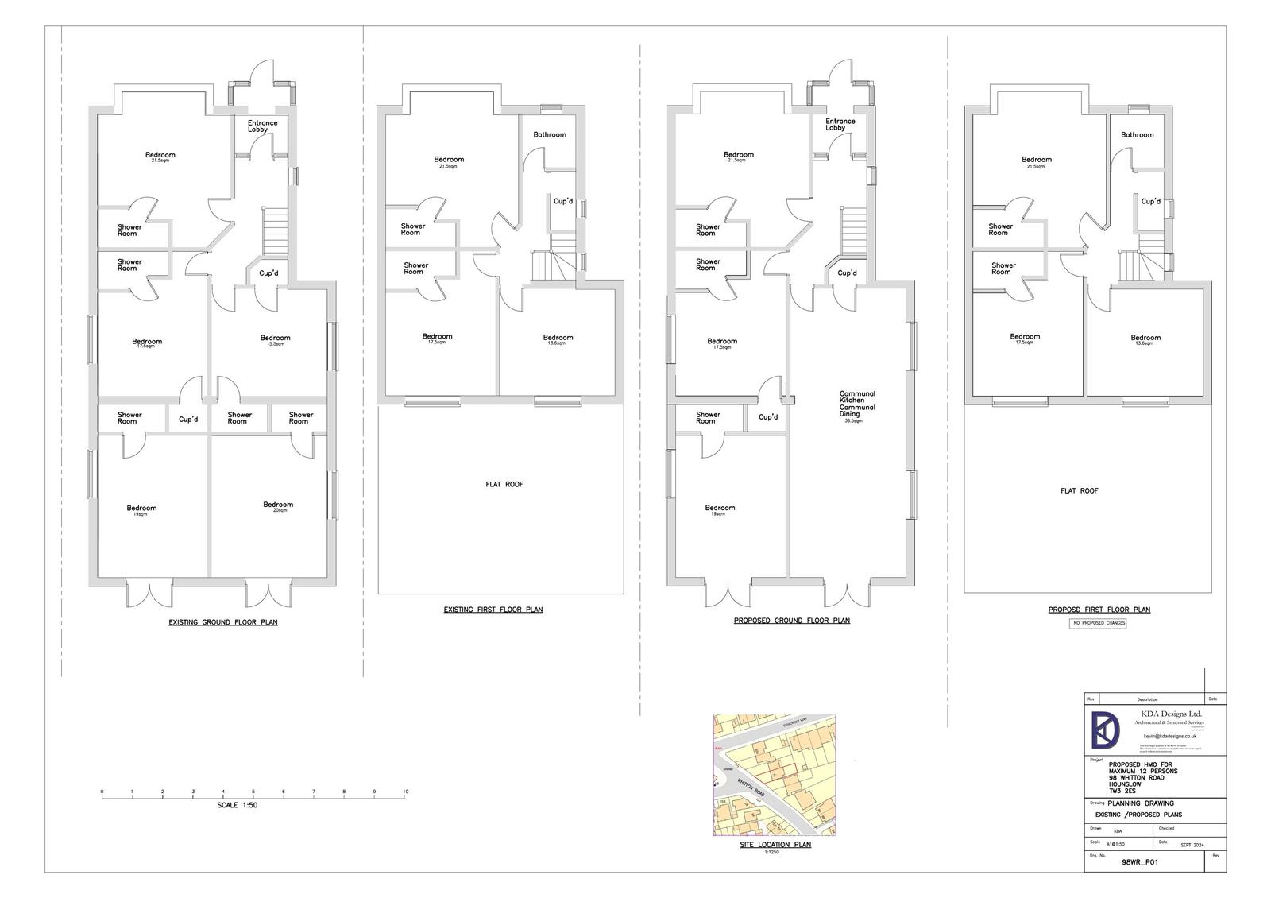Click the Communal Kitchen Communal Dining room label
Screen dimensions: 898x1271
click(x=857, y=404)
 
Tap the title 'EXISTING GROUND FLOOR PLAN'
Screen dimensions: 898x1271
click(x=223, y=622)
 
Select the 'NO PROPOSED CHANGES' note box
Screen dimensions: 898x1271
click(x=1098, y=623)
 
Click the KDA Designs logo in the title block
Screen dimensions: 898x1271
click(x=1105, y=730)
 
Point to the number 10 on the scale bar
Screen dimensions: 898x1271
click(x=405, y=792)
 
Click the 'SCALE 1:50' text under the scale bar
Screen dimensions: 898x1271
click(x=238, y=805)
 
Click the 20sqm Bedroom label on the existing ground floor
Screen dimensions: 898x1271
click(x=278, y=505)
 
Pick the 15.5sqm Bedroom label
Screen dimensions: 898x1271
click(x=275, y=339)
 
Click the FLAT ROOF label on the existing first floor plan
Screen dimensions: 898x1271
click(x=504, y=484)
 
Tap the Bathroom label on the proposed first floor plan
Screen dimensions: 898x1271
click(x=1137, y=134)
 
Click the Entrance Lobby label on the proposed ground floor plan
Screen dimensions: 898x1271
click(x=840, y=124)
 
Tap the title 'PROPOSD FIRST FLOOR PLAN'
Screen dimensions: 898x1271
click(x=1099, y=610)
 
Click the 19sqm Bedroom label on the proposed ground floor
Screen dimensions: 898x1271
click(x=720, y=509)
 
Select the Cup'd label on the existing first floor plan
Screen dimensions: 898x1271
click(x=562, y=201)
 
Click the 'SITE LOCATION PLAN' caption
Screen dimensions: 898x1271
click(x=775, y=845)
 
